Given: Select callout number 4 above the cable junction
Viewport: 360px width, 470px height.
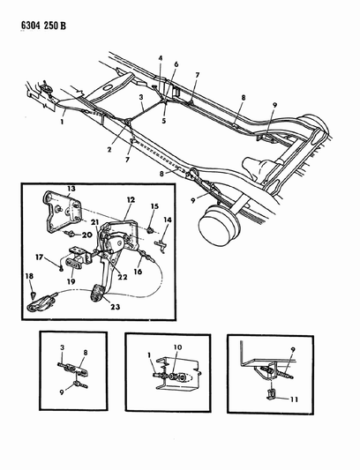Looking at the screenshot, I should tap(161, 58).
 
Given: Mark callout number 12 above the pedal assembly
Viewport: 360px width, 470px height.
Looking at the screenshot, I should tap(128, 201).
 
